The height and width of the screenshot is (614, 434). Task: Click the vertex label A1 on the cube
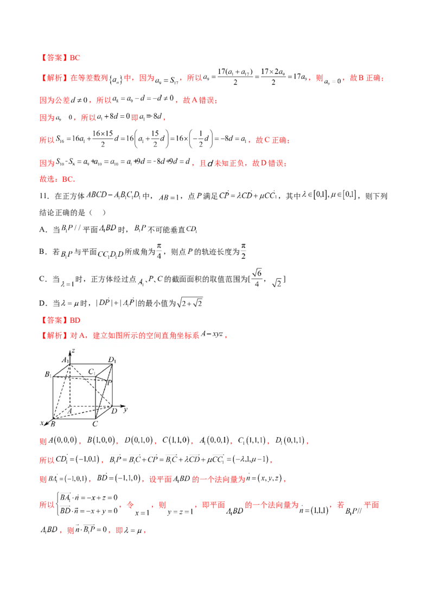65,360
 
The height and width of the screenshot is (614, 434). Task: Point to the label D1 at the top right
112,360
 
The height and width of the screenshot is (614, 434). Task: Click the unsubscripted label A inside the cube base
70,412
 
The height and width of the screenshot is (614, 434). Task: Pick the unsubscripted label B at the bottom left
53,423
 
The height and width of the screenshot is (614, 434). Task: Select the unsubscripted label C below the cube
95,424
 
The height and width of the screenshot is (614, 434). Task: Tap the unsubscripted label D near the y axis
113,412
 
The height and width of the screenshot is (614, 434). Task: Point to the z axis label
73,351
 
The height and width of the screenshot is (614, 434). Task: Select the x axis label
42,422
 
